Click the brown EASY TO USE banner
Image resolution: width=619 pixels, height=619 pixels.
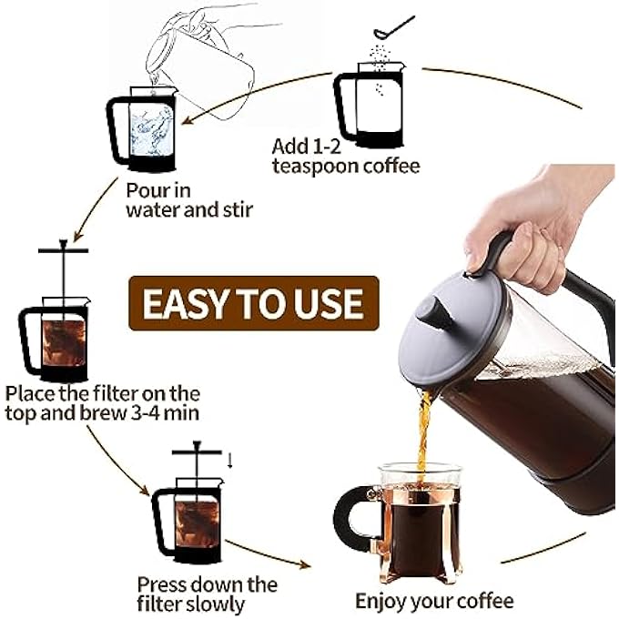pyautogui.click(x=252, y=302)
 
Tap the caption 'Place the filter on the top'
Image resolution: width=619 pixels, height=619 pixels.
pyautogui.click(x=102, y=393)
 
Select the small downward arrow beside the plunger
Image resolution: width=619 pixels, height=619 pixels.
pyautogui.click(x=229, y=459)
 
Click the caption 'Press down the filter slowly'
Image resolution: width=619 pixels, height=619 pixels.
pyautogui.click(x=207, y=593)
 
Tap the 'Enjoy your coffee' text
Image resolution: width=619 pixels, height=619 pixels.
pyautogui.click(x=434, y=601)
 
